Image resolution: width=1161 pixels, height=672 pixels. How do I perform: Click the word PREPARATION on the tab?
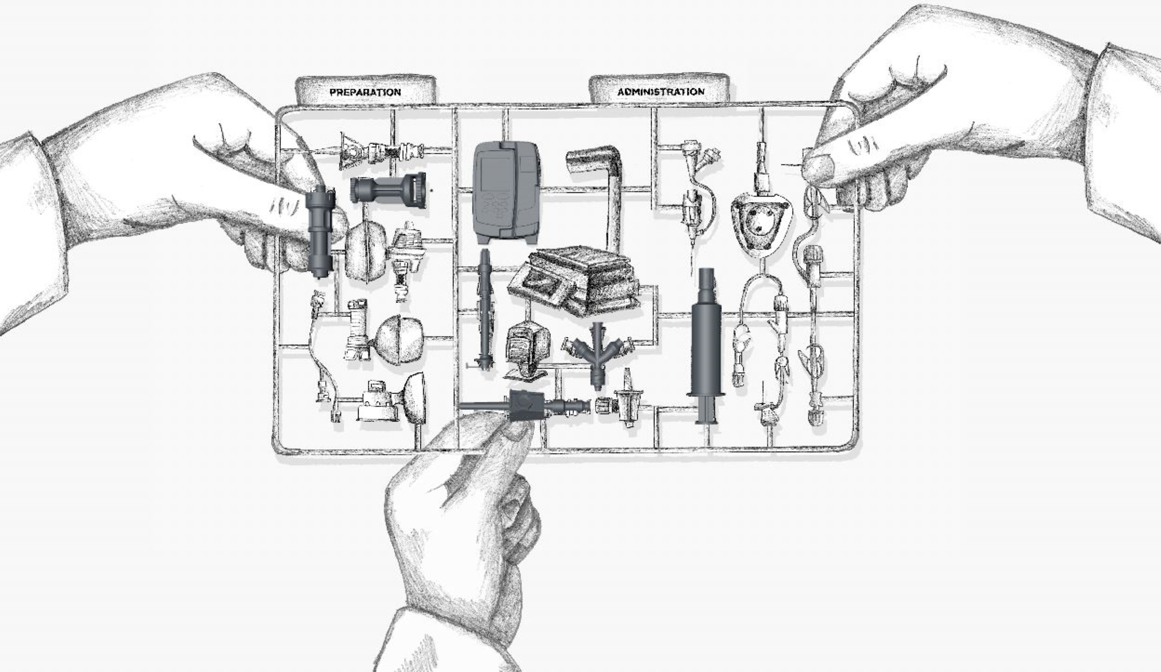365,92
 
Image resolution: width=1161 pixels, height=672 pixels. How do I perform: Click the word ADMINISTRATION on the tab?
660,92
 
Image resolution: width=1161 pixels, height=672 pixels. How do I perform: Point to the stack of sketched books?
574,282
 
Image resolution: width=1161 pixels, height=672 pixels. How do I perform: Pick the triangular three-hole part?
760,223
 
